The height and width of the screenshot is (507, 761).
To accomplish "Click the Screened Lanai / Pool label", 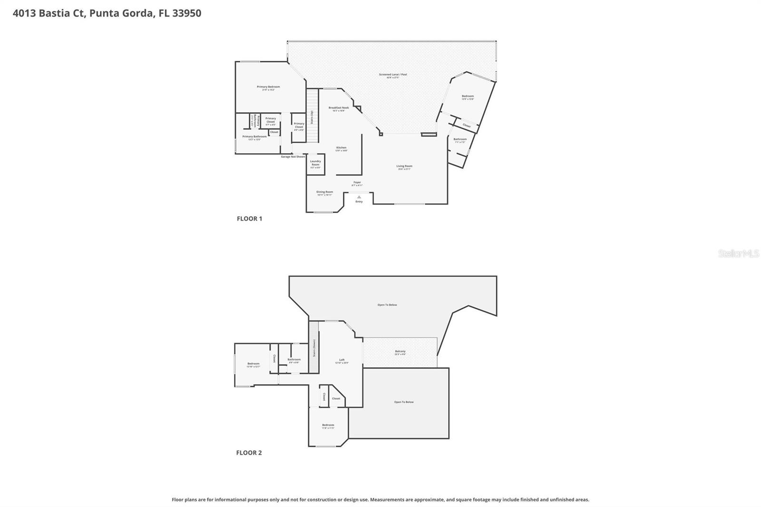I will coord(392,75).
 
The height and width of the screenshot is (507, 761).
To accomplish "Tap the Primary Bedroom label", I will coord(268,87).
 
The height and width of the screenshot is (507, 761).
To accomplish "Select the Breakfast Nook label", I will coord(338,108).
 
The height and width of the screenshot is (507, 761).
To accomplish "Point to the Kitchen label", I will coord(341,148).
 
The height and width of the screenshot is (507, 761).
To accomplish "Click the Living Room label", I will coord(404,166).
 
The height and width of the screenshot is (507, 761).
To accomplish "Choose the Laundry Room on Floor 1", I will coord(315,163).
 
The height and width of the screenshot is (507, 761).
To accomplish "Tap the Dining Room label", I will coord(324,192).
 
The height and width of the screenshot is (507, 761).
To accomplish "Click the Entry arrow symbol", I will coord(359,196).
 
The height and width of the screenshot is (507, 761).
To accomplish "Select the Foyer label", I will coord(357,183).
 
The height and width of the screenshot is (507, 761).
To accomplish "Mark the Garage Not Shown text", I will coord(293,156).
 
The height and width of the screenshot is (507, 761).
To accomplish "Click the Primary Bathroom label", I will coord(254,137).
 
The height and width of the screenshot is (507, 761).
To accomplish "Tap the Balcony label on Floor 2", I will coord(400,351).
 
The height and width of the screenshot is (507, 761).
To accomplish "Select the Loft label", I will coord(341,360).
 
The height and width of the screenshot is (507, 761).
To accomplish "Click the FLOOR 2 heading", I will coord(249,453).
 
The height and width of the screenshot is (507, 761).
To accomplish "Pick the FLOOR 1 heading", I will coord(249,219).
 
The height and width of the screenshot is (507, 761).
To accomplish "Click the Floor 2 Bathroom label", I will coord(294,360).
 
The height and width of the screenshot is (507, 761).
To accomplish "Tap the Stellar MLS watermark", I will coord(738,254).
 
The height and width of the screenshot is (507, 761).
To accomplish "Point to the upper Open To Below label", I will coord(387,305).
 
